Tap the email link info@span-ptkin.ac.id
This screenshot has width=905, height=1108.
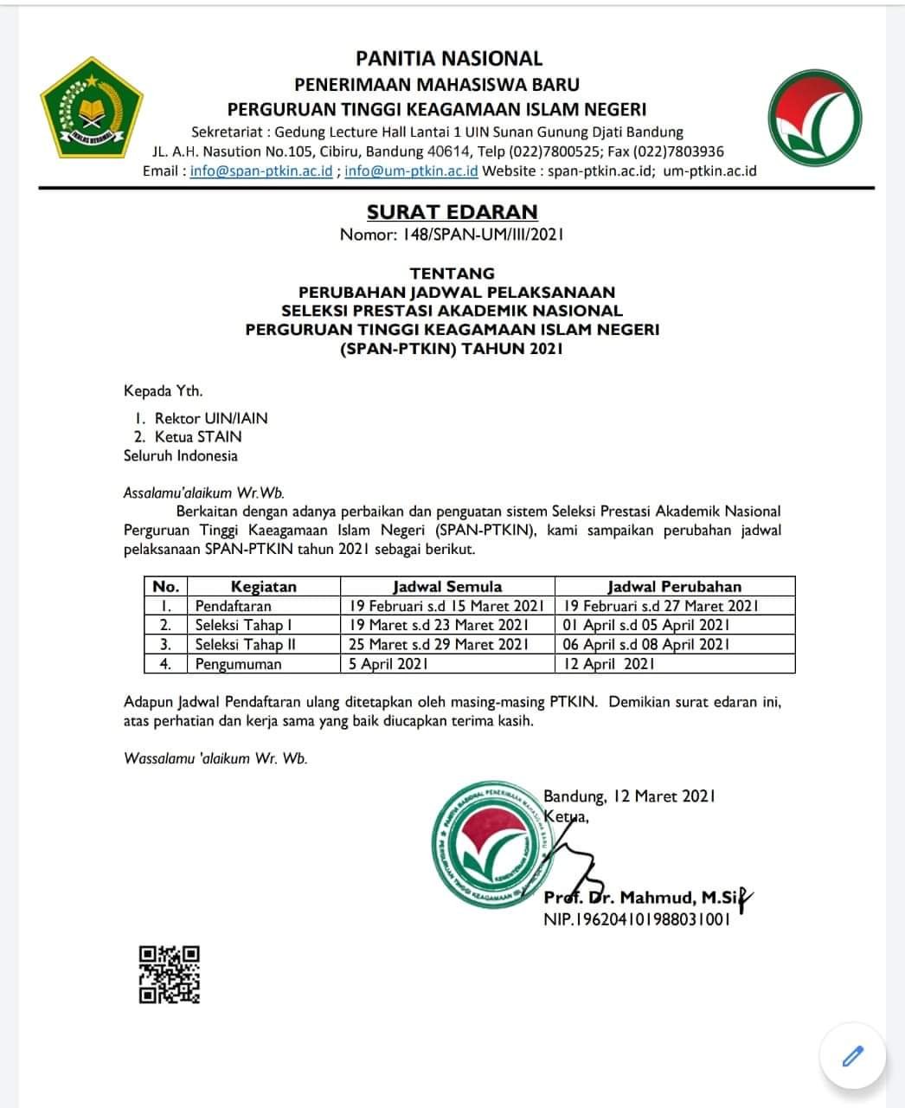point(261,171)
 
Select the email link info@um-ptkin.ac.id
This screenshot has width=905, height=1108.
point(411,171)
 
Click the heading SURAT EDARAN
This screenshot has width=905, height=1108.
point(452,212)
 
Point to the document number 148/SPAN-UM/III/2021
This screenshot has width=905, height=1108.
point(452,234)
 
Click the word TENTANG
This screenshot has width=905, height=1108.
point(452,274)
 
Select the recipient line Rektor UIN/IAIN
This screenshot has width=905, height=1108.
point(211,418)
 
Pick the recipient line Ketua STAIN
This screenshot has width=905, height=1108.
point(198,437)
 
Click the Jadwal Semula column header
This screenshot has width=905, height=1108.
point(447,586)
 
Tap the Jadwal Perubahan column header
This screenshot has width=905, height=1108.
point(674,586)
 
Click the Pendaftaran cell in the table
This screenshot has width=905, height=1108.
point(233,606)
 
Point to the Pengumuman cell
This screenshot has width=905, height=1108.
point(238,664)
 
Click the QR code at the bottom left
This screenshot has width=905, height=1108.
point(170,974)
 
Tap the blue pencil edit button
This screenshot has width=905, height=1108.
point(852,1056)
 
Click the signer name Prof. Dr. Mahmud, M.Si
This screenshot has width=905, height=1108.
point(640,898)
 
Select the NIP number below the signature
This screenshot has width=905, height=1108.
point(636,919)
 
